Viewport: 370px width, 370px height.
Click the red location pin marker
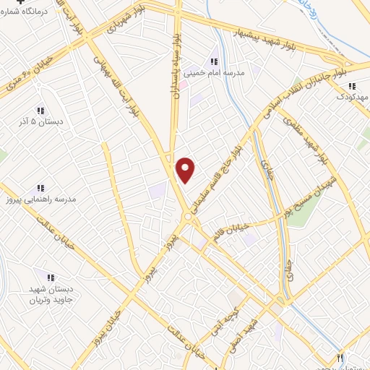(186, 170)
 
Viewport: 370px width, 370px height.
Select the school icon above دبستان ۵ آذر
(40, 111)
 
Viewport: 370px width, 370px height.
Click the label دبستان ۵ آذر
(42, 122)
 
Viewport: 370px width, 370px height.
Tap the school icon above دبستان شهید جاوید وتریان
(51, 277)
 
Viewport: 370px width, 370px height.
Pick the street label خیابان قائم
(231, 233)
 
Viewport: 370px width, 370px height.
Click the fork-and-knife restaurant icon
(340, 357)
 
